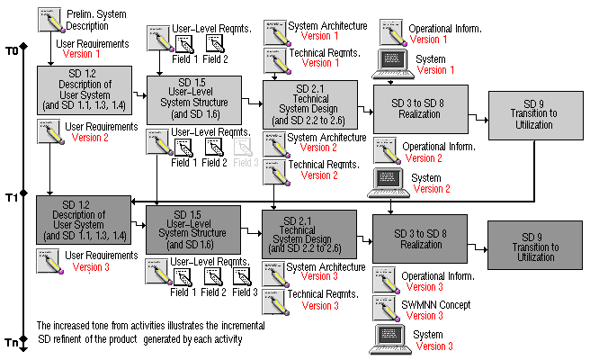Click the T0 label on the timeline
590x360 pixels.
pos(11,51)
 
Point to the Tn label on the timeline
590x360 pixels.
pos(11,343)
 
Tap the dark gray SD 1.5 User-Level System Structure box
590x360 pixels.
pos(193,230)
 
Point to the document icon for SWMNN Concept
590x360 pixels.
pos(387,308)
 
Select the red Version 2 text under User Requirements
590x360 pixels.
pos(92,139)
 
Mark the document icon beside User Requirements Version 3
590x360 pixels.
pos(48,261)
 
